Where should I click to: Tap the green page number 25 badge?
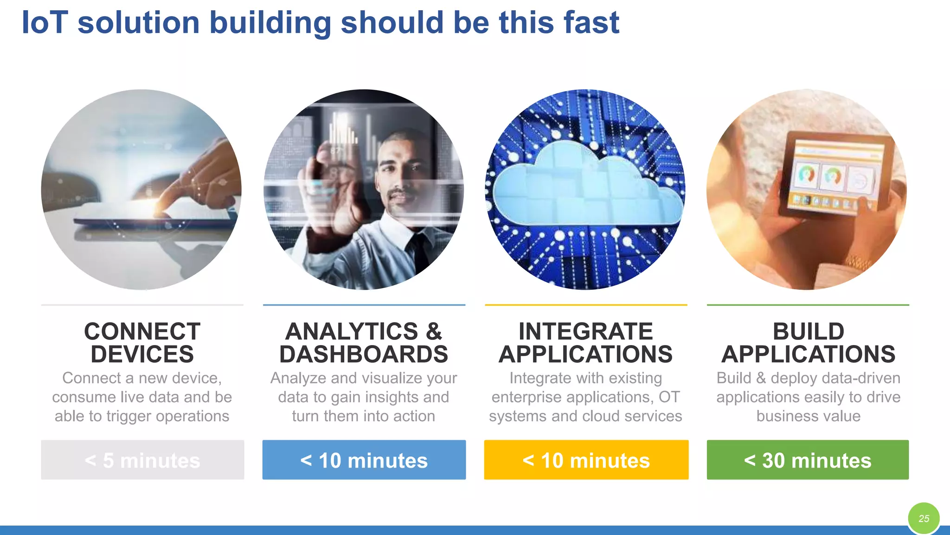pos(924,518)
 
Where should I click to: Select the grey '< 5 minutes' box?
pos(142,460)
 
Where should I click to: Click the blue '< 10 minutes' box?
pos(364,460)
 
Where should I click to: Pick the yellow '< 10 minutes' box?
pos(586,460)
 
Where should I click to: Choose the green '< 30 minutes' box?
pos(808,460)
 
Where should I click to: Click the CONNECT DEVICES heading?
pos(142,343)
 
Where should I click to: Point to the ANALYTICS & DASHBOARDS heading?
pos(364,343)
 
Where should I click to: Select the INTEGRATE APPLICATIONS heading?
pos(585,343)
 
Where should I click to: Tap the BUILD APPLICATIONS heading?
pos(808,343)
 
